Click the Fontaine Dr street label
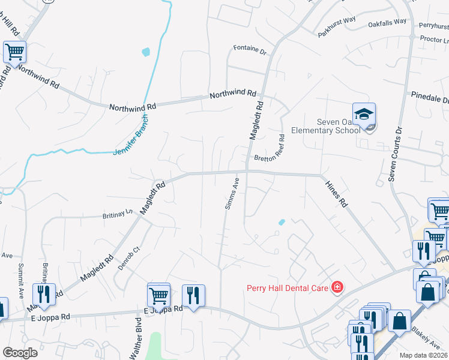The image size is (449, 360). [x=250, y=50]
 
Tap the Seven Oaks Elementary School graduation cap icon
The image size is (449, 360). [x=364, y=114]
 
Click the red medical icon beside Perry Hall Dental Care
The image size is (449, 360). [x=337, y=288]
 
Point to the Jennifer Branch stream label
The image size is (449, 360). [x=130, y=136]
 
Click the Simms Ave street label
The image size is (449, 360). [x=232, y=193]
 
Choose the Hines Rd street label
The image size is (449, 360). [x=336, y=194]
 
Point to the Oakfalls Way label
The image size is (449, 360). [x=387, y=22]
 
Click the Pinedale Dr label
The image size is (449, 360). [x=430, y=96]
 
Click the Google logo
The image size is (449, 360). [x=20, y=353]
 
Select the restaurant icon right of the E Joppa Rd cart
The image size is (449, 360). [x=193, y=295]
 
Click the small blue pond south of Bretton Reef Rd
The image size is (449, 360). [x=281, y=223]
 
